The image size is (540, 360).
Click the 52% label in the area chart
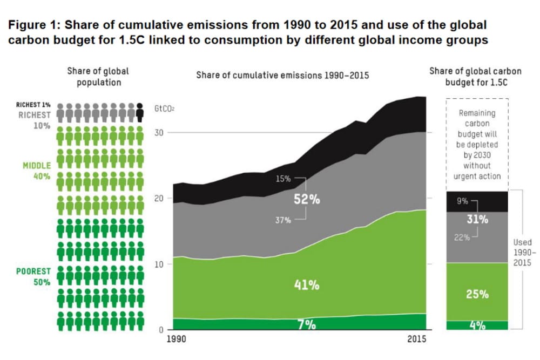point(307,199)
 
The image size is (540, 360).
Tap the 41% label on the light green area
point(306,285)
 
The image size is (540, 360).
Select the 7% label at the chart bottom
point(306,324)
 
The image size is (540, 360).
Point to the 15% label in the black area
point(283,178)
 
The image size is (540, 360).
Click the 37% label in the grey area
point(283,220)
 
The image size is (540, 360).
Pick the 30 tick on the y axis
point(160,132)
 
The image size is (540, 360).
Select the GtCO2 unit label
point(165,108)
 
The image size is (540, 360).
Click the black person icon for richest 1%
point(140,112)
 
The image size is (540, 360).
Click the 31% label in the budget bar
point(477,219)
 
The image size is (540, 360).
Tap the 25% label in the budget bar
point(477,294)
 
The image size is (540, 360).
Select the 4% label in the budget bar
point(477,325)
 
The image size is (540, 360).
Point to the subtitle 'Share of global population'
point(98,76)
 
